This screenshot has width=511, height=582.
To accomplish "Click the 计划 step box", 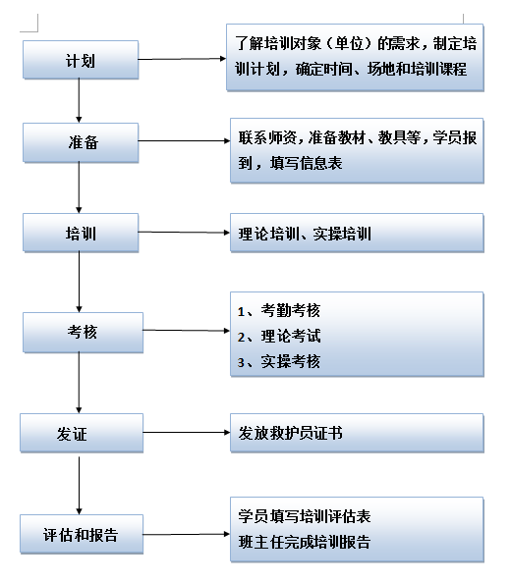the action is (81, 60).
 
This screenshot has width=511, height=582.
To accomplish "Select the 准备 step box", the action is (81, 142).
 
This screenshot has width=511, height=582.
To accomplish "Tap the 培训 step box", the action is (81, 233).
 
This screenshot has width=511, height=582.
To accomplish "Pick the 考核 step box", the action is (83, 332).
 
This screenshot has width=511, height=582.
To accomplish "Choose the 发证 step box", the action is (82, 433).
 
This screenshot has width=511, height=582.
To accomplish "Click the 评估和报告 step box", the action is (82, 534).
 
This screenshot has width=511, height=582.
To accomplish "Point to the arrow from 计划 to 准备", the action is (79, 100).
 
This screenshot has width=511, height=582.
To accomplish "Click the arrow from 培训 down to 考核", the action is (79, 282).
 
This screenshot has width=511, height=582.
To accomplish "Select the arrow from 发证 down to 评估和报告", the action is (79, 486).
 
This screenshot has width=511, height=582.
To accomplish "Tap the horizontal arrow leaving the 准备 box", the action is (185, 140).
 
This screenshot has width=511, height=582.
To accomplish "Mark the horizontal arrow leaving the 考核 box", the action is (187, 331).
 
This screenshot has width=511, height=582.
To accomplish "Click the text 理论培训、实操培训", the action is (305, 234).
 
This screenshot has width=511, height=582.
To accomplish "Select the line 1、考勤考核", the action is (279, 311).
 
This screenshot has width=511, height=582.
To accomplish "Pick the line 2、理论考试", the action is (279, 337).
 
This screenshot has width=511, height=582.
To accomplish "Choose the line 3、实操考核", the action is (279, 361).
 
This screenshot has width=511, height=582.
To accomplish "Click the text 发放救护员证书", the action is (290, 433).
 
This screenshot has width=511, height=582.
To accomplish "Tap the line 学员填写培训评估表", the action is (305, 516).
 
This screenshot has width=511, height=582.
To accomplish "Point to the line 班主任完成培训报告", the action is (305, 542).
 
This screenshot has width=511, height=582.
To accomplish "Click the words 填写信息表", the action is (306, 163).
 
